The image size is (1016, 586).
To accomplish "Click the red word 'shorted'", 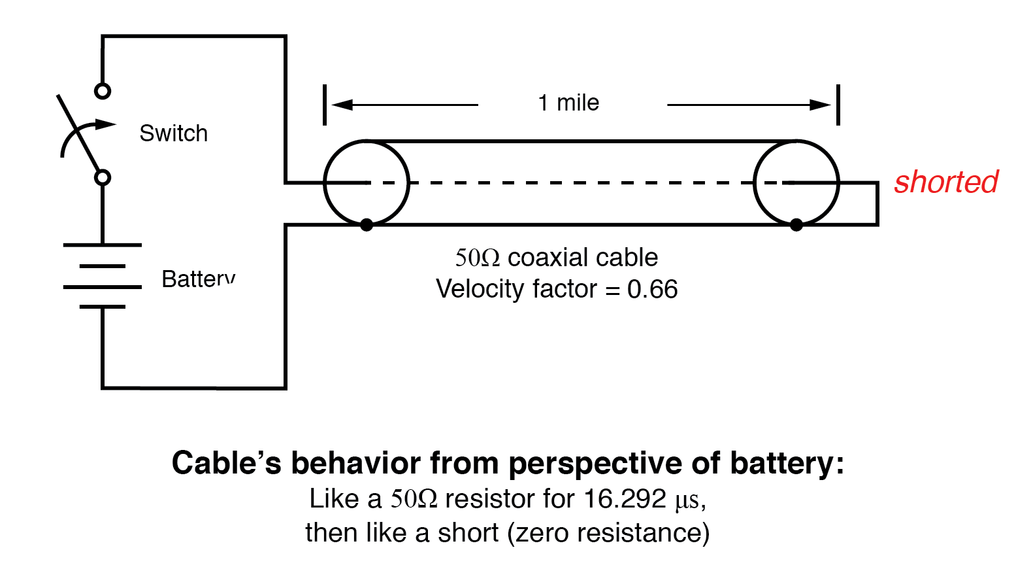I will pos(945,182).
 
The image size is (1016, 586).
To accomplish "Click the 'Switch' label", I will pos(173,133).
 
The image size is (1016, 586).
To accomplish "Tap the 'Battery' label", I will pos(198,279).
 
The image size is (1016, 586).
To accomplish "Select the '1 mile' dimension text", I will pos(568,103).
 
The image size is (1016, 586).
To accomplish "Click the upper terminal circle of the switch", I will pos(103,91).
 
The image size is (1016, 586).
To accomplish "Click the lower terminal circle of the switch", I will pos(103,177).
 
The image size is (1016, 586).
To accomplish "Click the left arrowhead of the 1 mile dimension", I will pos(341,105).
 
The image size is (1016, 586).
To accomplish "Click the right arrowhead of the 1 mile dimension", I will pos(821,105).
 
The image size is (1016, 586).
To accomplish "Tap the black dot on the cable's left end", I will pos(367,225).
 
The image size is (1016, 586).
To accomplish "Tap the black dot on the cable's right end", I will pos(796,225).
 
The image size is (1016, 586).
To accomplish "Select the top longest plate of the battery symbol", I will pos(103,245).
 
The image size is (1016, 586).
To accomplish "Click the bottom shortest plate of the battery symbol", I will pos(103,306).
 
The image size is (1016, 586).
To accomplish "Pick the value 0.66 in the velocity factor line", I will pos(652,289).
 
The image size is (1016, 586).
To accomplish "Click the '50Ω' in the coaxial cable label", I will pos(478,258).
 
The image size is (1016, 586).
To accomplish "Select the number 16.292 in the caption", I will pos(625,499).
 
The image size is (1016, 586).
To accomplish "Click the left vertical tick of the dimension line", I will pos(325,105).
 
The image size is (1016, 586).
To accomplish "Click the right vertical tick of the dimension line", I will pos(838,105).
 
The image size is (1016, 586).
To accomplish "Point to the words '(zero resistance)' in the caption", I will pos(608,533).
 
